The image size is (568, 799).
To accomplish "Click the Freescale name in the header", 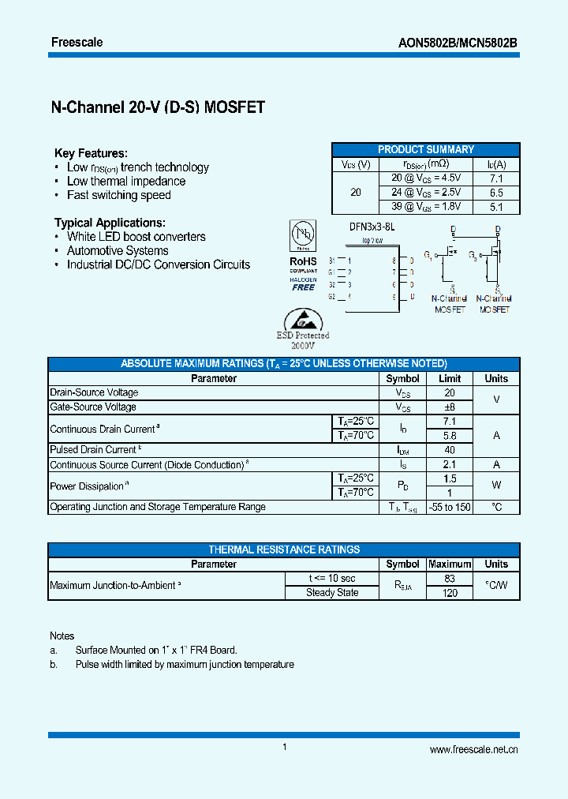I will coord(77,42).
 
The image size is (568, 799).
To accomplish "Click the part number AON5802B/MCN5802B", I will coord(457,43).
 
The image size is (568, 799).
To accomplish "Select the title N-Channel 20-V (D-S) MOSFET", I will coord(157,108).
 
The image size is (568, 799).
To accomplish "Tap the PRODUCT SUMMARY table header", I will coord(425,149).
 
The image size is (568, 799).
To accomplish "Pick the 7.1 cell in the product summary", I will coord(496,178).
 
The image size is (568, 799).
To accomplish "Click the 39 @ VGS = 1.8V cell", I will coord(426,207).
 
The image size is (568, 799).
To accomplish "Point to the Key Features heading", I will coord(90,153).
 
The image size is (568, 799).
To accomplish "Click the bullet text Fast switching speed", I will coord(118,195).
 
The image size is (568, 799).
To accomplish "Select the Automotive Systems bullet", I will coord(118,250).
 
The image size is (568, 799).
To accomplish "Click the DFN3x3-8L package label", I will coord(371,227).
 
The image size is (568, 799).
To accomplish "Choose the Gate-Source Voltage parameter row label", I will coord(93,407).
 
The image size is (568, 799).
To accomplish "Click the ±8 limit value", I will coord(449,407).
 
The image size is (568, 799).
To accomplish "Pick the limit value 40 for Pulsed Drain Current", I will coord(449,449).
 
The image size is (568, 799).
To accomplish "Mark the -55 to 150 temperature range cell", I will coord(449,507).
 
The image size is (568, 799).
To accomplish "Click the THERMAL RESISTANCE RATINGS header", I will coord(284,550).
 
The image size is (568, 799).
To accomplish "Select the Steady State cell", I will coord(332,592).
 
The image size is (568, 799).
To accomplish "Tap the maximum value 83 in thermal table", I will coord(449,578).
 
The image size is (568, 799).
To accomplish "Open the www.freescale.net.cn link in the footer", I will coord(473,750).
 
